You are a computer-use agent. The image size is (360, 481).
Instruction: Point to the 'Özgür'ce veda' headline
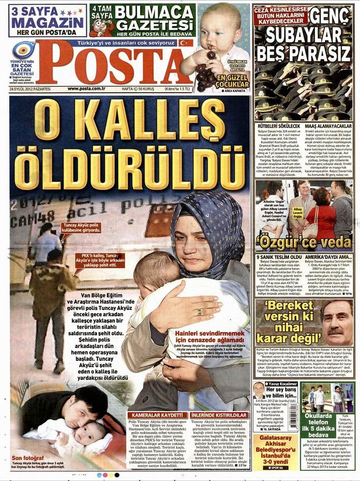click(304, 243)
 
